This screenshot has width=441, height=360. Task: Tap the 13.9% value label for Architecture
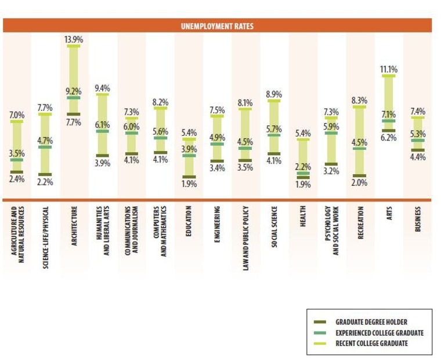pos(74,39)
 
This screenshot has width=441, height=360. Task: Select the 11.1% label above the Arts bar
pos(388,69)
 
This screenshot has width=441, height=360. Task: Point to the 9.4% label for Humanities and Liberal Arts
pos(102,88)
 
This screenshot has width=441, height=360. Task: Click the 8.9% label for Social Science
pos(274,94)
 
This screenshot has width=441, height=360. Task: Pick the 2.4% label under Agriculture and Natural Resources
pos(16,179)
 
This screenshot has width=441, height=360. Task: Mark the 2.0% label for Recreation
pos(360,182)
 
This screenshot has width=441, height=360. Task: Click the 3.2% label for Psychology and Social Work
pos(331,171)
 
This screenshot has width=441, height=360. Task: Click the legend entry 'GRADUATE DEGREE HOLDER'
pos(371,322)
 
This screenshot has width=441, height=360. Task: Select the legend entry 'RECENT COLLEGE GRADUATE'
pos(371,343)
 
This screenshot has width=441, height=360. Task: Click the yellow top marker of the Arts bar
pos(388,76)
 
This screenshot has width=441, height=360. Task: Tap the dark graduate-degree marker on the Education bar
pos(189,177)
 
